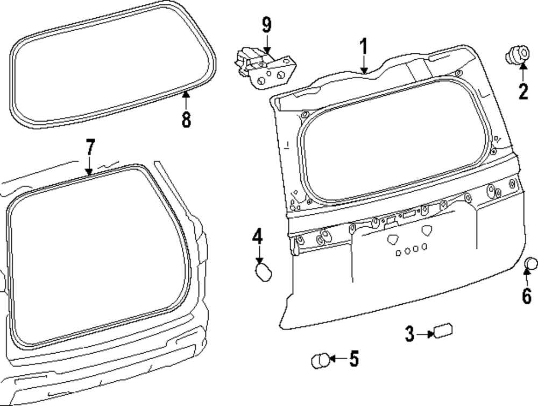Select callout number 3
point(410,334)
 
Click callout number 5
point(353,359)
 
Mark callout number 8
point(186,119)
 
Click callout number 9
point(267,25)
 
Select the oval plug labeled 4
point(262,271)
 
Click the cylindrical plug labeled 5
point(320,360)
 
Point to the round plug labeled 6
point(531,263)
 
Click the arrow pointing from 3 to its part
point(424,334)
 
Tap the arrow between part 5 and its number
point(338,359)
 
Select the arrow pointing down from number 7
point(89,165)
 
